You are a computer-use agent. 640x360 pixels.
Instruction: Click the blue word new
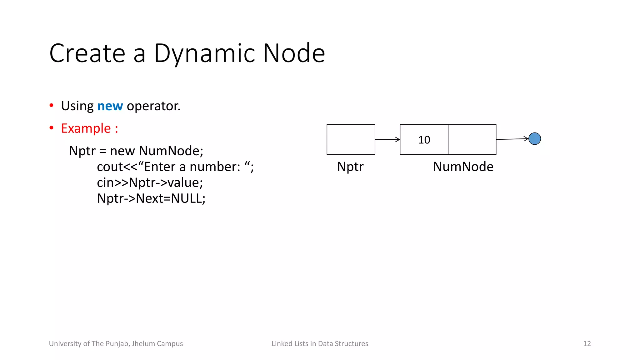tap(110, 106)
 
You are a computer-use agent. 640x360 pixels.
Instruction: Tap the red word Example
tap(86, 128)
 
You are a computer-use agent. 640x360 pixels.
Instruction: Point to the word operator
tap(153, 106)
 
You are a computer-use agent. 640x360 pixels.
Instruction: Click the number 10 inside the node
tap(424, 140)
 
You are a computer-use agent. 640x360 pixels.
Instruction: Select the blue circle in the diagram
tap(534, 139)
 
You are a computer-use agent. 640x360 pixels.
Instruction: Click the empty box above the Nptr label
tap(351, 139)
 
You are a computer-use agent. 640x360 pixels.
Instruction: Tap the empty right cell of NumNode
tap(472, 139)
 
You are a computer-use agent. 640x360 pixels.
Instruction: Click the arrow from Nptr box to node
tap(387, 139)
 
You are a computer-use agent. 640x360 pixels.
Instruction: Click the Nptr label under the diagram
tap(350, 167)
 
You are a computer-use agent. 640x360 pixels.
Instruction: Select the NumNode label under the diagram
tap(463, 167)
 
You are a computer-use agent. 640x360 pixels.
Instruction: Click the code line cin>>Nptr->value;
tap(150, 182)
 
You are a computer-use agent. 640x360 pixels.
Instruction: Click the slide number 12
tap(587, 344)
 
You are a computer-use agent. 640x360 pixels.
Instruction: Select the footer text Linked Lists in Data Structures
tap(320, 344)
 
